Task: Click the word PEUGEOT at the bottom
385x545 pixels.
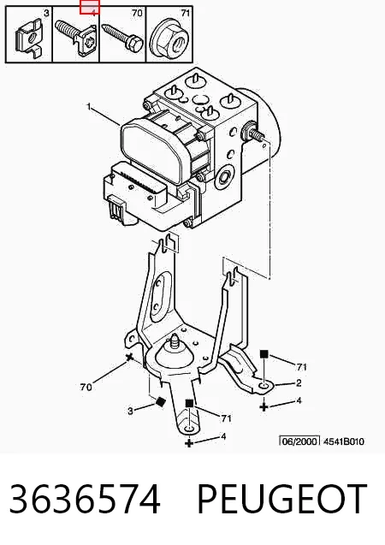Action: (x=281, y=499)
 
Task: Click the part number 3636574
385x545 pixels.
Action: (x=86, y=499)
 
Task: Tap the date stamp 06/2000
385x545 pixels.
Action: (x=299, y=441)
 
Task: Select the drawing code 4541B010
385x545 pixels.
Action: (x=344, y=441)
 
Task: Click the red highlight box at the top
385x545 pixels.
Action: (x=90, y=7)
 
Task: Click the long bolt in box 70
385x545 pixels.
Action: (x=122, y=38)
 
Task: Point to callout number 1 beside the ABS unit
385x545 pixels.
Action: (x=89, y=106)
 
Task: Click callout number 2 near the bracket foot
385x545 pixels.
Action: (x=299, y=383)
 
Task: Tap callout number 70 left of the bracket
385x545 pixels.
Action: (x=86, y=387)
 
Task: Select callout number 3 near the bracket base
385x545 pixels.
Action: (x=130, y=411)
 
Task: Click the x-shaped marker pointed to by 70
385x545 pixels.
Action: (x=129, y=357)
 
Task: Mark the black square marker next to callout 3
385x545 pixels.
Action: (x=160, y=401)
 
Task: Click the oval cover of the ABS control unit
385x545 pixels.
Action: (x=151, y=151)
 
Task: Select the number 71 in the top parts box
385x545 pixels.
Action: (x=186, y=13)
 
